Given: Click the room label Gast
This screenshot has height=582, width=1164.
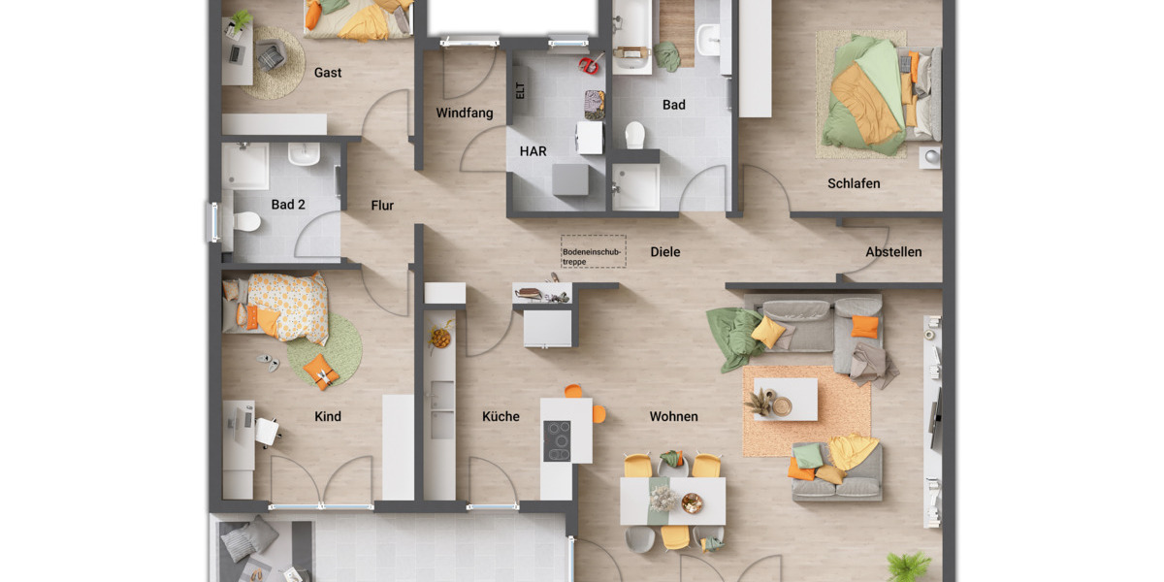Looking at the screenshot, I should (328, 73).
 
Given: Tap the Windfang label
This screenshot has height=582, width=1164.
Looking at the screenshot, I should (464, 113).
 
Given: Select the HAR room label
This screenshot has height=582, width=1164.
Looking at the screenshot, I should (533, 151).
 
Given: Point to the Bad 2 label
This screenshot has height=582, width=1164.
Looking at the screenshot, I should (288, 205).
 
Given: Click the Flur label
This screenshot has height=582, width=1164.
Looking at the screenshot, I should (382, 206).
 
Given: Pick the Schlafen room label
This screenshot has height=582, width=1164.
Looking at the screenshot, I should (854, 183).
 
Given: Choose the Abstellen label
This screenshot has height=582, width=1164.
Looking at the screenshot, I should (893, 252).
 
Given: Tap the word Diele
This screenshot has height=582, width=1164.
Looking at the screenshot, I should (665, 252).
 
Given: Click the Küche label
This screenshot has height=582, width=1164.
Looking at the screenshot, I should (501, 417).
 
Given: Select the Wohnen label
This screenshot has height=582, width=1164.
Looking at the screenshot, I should (673, 417).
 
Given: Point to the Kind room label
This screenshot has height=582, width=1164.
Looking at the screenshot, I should (328, 417).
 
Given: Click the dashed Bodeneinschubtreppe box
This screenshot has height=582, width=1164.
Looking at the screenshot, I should (593, 251).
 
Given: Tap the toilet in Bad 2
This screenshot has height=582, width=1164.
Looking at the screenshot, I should (245, 222).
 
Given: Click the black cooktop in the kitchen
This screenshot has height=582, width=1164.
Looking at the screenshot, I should (557, 441).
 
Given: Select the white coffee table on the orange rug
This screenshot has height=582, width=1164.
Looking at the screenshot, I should (786, 399).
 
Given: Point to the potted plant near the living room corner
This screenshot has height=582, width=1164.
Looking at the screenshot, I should (909, 565).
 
